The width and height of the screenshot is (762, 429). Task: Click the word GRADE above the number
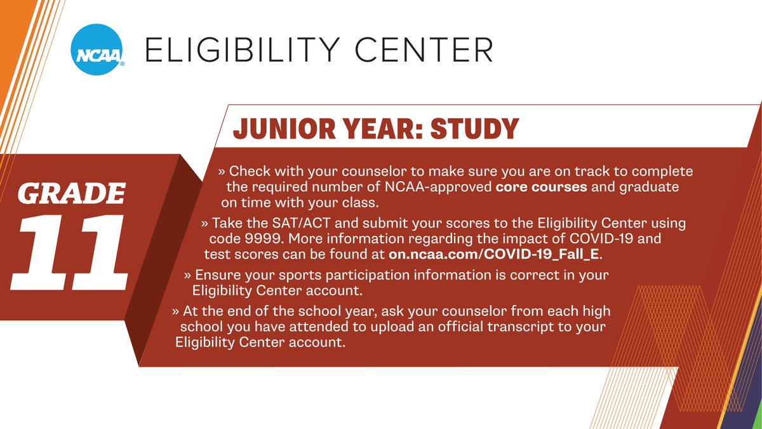70,193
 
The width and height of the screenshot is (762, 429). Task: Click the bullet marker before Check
222,172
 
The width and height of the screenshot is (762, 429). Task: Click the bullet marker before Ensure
188,276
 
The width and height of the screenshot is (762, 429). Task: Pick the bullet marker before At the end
175,312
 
